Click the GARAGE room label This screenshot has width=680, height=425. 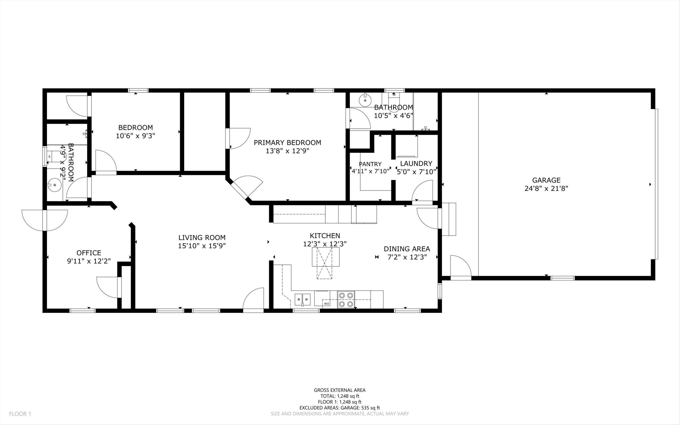(546, 180)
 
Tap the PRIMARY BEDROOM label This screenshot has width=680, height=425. (287, 142)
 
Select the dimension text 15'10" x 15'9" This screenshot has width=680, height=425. (202, 246)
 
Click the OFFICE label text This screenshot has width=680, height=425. (89, 253)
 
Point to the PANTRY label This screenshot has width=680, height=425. (370, 164)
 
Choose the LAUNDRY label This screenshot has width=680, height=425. (416, 164)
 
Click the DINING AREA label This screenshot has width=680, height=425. (407, 249)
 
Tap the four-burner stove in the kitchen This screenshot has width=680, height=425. (346, 300)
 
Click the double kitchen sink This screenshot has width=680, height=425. (303, 299)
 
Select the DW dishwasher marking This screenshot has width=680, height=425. (326, 304)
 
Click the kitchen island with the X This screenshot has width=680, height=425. (325, 257)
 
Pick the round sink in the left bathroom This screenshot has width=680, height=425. (54, 185)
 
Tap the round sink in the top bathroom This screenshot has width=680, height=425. (365, 100)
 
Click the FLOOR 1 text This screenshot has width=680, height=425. (20, 414)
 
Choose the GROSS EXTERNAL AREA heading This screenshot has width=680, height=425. (340, 390)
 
